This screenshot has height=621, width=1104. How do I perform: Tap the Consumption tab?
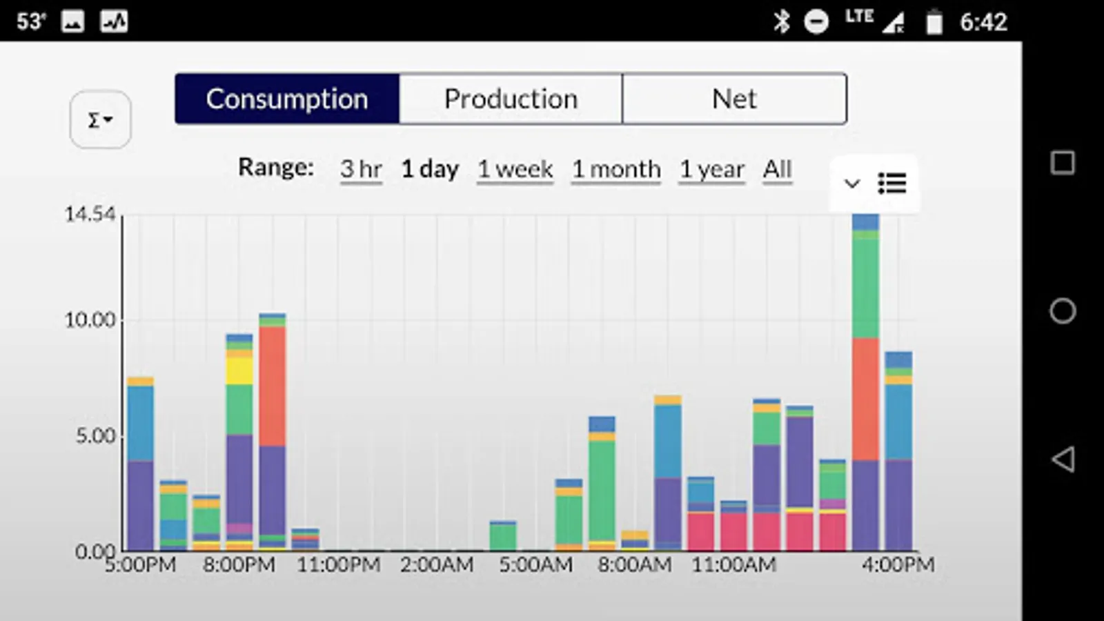click(287, 99)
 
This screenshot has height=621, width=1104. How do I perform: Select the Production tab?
click(511, 99)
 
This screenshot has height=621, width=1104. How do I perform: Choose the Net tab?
click(734, 99)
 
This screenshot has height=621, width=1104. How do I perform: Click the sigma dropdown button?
click(100, 119)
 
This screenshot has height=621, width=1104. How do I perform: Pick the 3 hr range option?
click(361, 169)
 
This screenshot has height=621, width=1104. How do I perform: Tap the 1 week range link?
click(515, 169)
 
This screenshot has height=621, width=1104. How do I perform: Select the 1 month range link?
click(616, 169)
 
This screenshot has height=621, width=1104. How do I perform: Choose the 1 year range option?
click(712, 169)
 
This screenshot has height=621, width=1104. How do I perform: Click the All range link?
click(778, 169)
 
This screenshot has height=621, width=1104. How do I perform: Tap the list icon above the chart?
click(891, 184)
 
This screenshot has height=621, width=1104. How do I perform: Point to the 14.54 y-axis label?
click(90, 215)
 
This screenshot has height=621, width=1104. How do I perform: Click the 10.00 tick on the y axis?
click(90, 320)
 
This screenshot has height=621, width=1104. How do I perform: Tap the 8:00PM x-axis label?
click(239, 565)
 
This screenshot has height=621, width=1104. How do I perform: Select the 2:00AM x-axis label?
click(437, 565)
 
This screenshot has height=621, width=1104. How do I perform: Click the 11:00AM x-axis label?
click(734, 565)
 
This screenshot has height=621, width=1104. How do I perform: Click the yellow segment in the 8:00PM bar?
click(239, 371)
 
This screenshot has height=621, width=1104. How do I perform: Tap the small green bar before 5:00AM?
click(503, 536)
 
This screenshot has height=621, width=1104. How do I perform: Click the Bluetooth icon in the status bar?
click(781, 22)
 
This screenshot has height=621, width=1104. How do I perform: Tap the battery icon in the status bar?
click(934, 22)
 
